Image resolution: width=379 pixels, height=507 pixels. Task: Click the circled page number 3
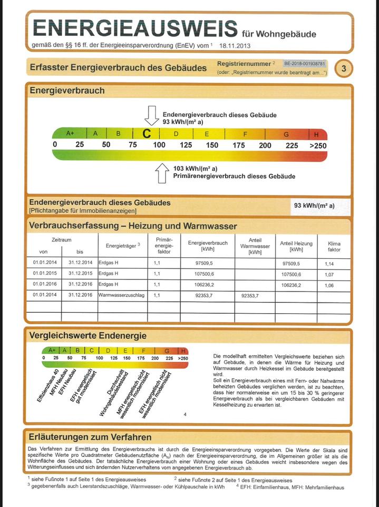tap(344, 69)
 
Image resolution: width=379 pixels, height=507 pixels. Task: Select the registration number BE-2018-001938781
tap(305, 63)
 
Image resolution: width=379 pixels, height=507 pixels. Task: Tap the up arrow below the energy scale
tap(163, 173)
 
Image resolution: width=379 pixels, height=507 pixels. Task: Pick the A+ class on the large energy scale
tap(70, 134)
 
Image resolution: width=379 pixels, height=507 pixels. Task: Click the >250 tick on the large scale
tap(318, 145)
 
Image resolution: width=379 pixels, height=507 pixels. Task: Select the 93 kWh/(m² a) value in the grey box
tap(314, 206)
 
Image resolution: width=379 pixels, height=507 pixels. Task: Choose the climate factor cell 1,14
tap(329, 263)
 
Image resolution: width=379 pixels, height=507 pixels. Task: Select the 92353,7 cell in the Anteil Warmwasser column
tap(250, 296)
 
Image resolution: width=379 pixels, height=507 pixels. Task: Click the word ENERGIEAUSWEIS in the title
tap(135, 28)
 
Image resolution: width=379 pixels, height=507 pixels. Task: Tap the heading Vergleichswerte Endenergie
tap(88, 335)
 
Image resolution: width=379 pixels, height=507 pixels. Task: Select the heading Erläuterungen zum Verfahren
tap(90, 437)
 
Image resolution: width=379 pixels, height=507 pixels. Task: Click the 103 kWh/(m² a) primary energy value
tap(188, 168)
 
